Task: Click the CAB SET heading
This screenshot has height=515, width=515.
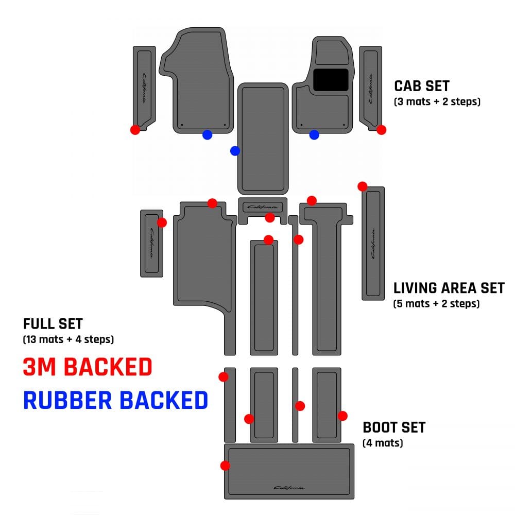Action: click(421, 86)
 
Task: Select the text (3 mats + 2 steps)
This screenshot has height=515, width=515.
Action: click(437, 101)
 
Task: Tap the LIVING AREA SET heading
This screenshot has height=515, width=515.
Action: click(449, 288)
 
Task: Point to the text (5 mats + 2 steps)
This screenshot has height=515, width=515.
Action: click(436, 303)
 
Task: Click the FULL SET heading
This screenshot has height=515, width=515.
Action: click(53, 324)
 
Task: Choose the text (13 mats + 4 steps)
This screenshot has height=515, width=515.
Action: click(68, 339)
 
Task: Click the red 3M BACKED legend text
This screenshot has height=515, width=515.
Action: click(88, 367)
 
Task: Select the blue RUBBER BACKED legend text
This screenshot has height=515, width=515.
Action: click(115, 400)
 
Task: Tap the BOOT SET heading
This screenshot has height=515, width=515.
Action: click(394, 427)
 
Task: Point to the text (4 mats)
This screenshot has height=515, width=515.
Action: click(383, 443)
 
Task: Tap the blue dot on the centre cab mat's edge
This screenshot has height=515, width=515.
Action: click(235, 151)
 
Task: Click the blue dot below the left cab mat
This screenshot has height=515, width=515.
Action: click(207, 135)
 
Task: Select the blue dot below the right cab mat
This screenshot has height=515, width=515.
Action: click(314, 135)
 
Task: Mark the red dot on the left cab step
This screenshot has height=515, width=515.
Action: click(135, 130)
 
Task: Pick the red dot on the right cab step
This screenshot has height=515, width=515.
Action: click(381, 130)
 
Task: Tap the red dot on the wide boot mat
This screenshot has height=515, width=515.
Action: click(225, 466)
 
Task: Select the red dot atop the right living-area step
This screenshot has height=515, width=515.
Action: click(362, 186)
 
